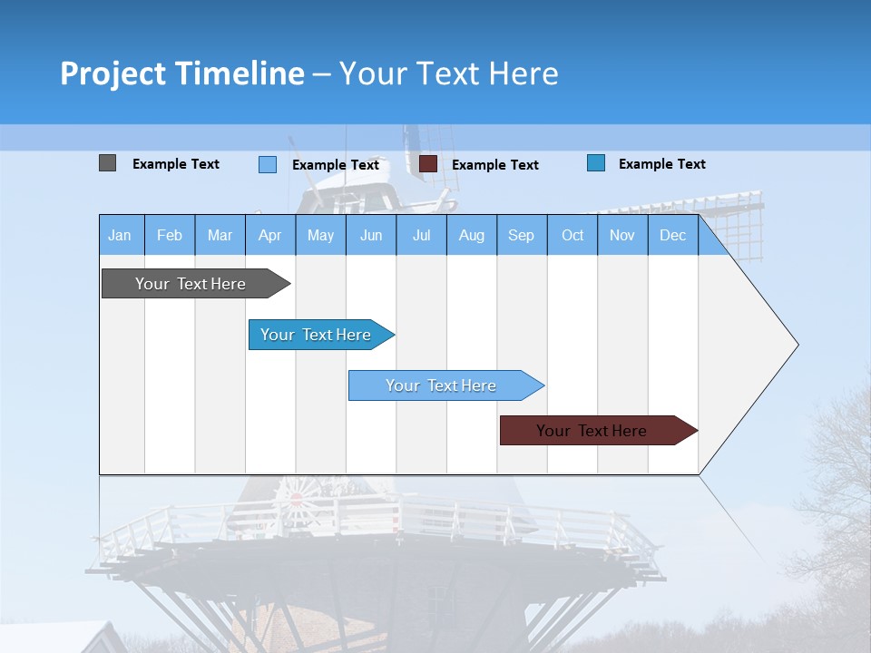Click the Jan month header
point(120,235)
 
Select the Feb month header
point(170,235)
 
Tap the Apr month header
point(269,235)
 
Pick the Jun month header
point(371,235)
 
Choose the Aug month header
point(471,235)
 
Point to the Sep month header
point(521,235)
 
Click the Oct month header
point(573,235)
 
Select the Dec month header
point(672,235)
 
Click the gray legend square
point(107,163)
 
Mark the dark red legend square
point(428,164)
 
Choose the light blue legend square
point(268,164)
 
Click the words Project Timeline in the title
point(181,73)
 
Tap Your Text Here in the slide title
point(449,73)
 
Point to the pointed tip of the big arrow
point(796,345)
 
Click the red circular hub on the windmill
point(296,499)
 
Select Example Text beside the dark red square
point(494,165)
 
